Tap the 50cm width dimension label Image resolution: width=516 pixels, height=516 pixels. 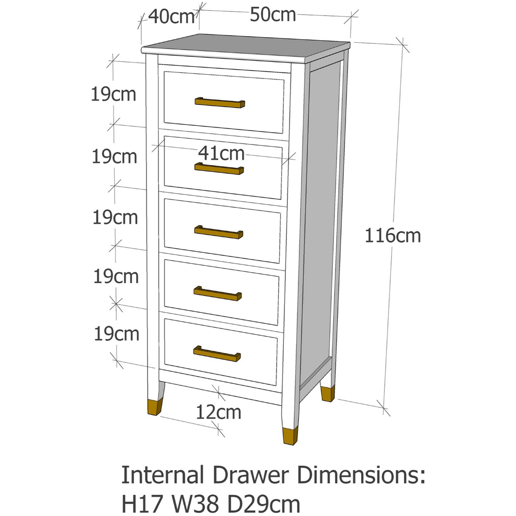(273, 15)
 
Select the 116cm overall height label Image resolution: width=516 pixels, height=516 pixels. (393, 236)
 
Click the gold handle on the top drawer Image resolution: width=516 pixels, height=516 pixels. (220, 103)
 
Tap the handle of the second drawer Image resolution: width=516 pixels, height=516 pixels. (219, 169)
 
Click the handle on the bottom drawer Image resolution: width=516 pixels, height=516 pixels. (217, 353)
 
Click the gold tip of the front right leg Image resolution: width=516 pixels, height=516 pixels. (289, 435)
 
